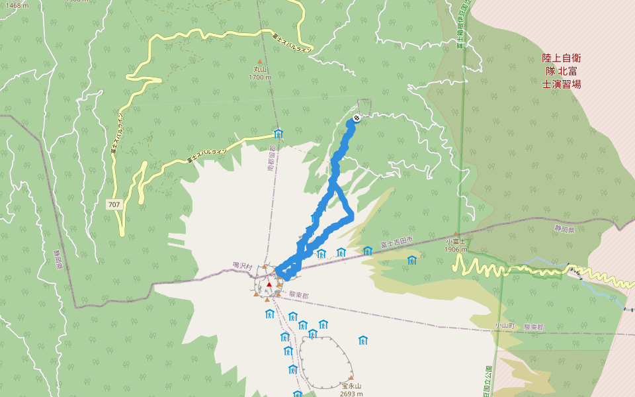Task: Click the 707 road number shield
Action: pyautogui.click(x=114, y=204)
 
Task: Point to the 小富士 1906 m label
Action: pyautogui.click(x=456, y=245)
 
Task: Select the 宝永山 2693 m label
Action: pyautogui.click(x=351, y=390)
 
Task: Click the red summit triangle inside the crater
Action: pyautogui.click(x=269, y=285)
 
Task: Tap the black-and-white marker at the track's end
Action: pyautogui.click(x=357, y=118)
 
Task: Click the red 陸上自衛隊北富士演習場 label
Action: pyautogui.click(x=562, y=71)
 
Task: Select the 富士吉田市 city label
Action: pyautogui.click(x=396, y=244)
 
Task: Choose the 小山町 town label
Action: pyautogui.click(x=504, y=326)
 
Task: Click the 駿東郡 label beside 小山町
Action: pyautogui.click(x=533, y=327)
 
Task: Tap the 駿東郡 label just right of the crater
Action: pyautogui.click(x=300, y=294)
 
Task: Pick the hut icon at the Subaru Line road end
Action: pyautogui.click(x=278, y=134)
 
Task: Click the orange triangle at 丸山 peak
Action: pyautogui.click(x=259, y=61)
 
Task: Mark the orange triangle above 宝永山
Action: pyautogui.click(x=351, y=378)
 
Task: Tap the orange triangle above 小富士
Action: pyautogui.click(x=456, y=234)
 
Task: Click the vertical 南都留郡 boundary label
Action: pyautogui.click(x=271, y=159)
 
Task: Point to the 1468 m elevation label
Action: pyautogui.click(x=17, y=5)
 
